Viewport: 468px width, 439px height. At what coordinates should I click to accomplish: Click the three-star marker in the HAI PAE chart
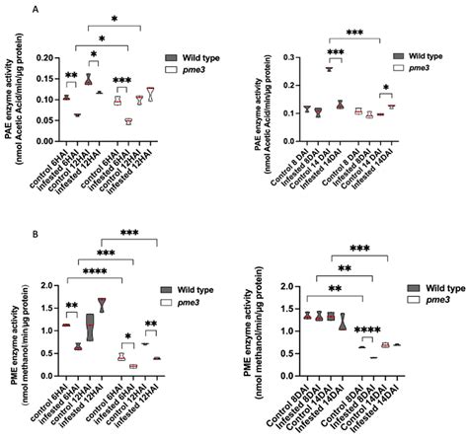[121, 79]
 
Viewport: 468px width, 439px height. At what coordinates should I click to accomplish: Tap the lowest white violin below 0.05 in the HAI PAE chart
[127, 121]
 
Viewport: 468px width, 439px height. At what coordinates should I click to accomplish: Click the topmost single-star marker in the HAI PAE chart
[115, 19]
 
